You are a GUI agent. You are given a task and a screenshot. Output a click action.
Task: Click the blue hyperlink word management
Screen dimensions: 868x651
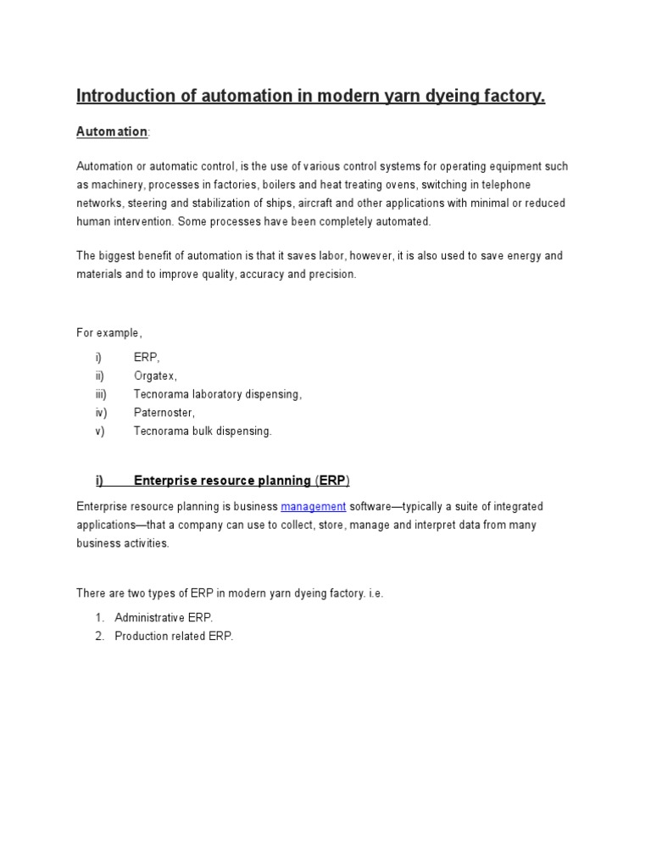pos(313,506)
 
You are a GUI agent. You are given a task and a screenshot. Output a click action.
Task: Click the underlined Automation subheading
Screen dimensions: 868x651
pos(112,131)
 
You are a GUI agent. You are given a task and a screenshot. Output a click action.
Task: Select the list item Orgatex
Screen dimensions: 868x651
pos(155,376)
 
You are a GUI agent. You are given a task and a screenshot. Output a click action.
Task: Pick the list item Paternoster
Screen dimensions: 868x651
pos(164,413)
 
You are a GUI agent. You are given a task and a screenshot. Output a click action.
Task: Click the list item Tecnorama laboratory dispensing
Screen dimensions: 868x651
pos(217,394)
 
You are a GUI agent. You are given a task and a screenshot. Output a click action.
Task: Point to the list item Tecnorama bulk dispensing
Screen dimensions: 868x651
pos(203,431)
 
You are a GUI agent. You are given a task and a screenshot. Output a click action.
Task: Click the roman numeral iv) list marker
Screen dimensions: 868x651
pos(101,413)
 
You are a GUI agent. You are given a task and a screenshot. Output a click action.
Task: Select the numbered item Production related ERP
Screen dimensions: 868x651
pos(173,637)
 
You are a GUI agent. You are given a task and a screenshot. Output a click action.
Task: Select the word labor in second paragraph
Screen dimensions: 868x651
pos(349,255)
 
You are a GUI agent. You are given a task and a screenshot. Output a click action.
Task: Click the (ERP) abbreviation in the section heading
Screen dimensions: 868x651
pos(332,481)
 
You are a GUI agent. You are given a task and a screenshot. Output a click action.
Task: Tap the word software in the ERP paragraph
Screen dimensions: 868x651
pos(374,506)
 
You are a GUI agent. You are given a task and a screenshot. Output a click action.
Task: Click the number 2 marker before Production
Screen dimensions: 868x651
pos(99,637)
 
